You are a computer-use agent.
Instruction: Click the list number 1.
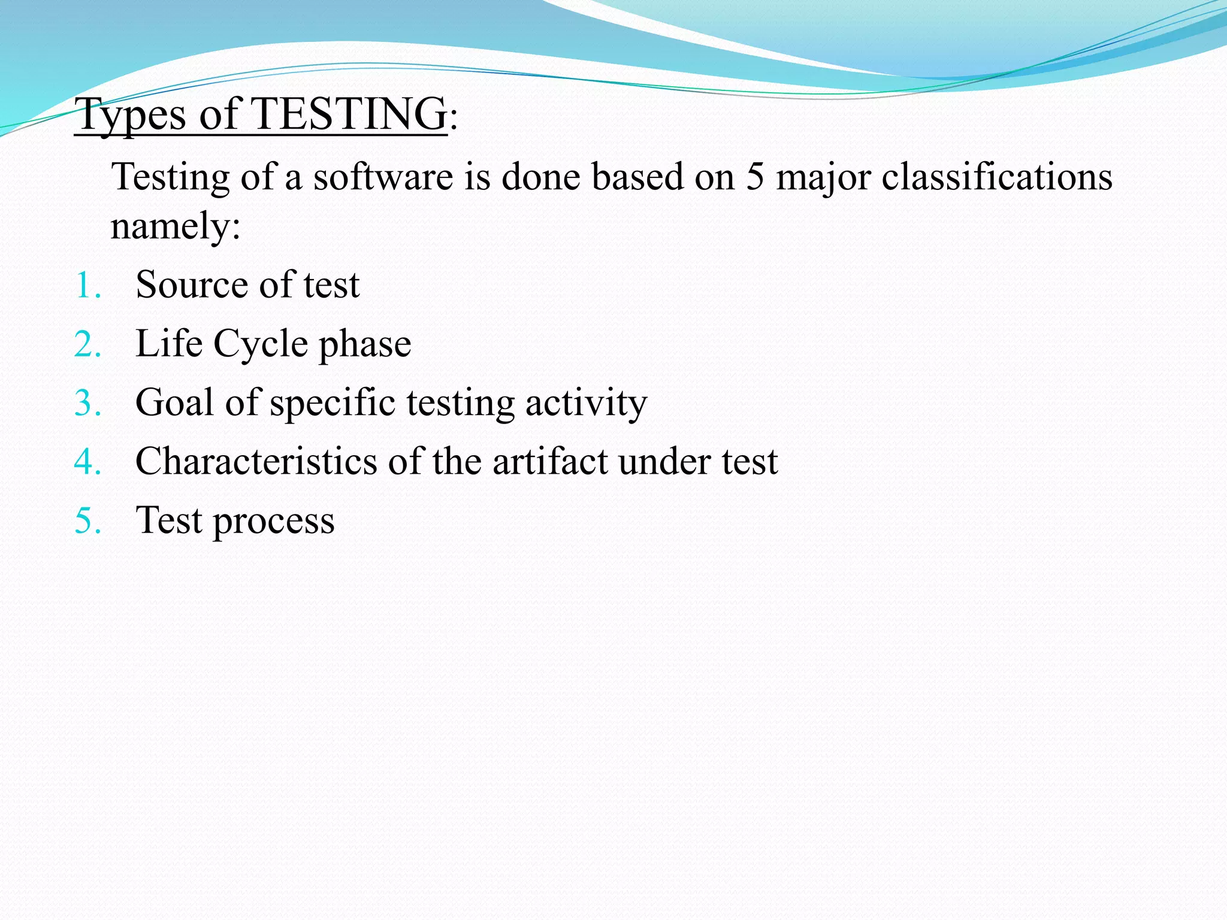(87, 285)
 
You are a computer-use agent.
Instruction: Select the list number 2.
(87, 344)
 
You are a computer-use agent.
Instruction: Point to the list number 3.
(87, 403)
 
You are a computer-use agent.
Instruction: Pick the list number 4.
(87, 462)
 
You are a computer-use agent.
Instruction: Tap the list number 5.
(87, 520)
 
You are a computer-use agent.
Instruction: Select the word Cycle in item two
(260, 344)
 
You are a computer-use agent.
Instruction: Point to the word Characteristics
(256, 461)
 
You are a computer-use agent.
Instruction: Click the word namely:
(176, 226)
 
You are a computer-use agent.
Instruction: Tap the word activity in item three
(586, 403)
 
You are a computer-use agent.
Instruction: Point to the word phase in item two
(365, 345)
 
